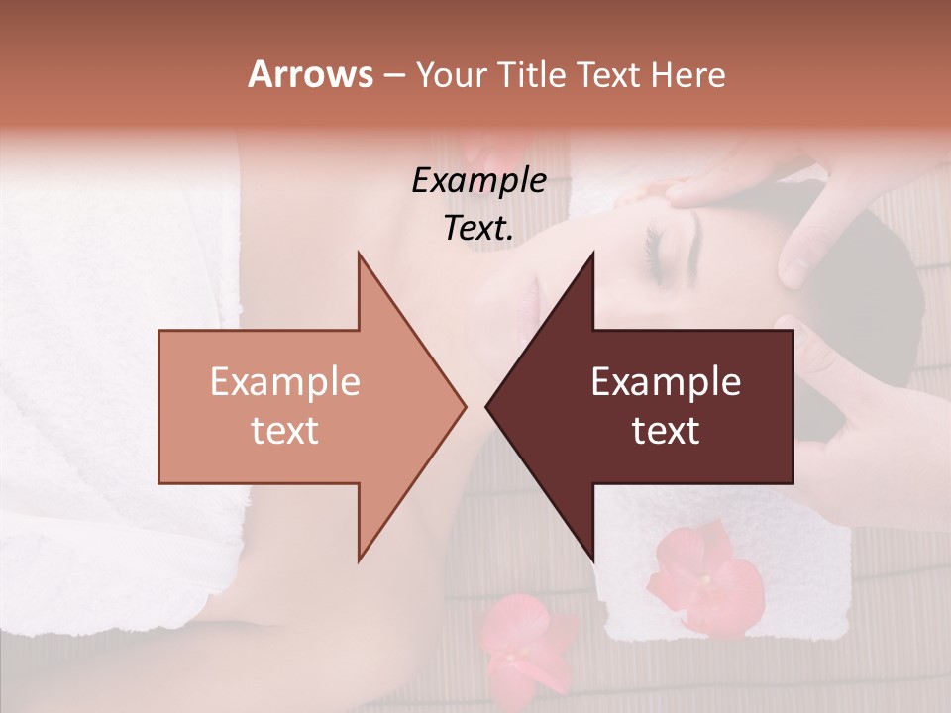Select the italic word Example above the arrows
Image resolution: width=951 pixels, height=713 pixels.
pos(478,181)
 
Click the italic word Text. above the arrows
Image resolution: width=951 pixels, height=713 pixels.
pos(478,228)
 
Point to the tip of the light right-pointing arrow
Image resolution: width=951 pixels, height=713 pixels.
pos(464,406)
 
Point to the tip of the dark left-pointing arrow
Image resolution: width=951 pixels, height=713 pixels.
pos(487,406)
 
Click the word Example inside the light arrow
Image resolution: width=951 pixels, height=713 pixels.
pos(285,382)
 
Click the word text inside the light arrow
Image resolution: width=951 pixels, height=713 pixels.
pos(285,430)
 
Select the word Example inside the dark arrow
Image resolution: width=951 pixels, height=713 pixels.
pos(666,382)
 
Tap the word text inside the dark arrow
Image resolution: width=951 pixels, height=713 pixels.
pos(666,430)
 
